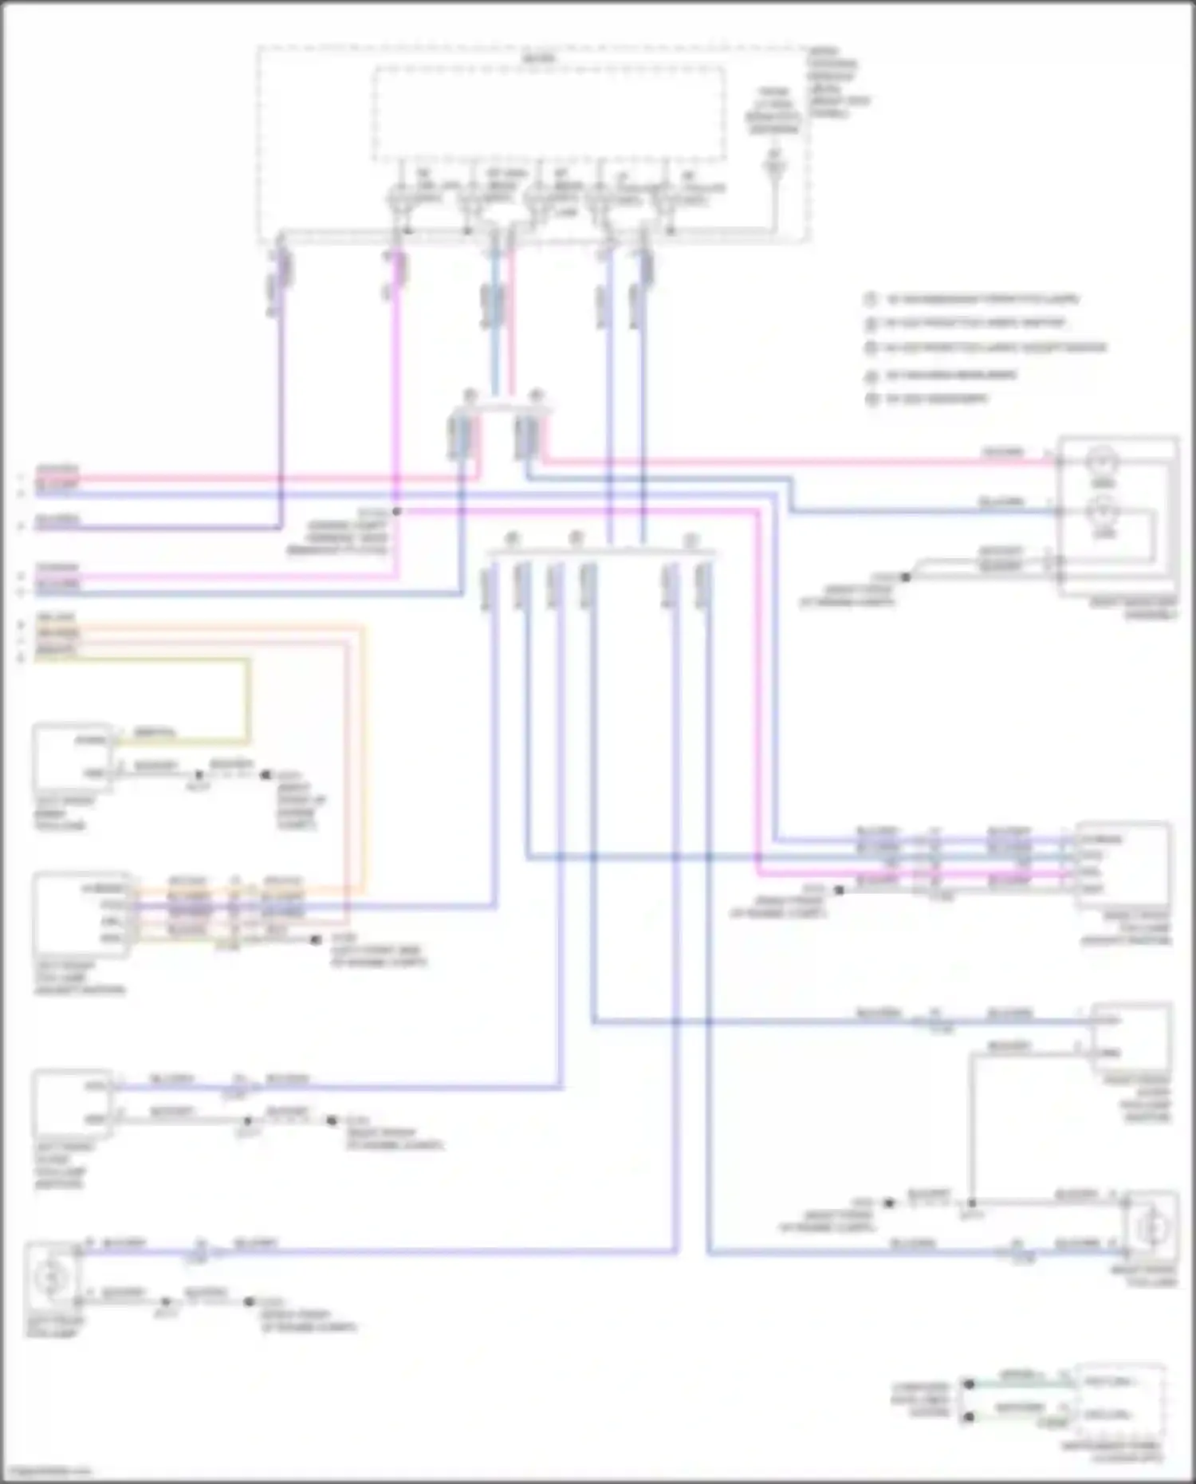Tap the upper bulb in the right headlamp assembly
point(1104,461)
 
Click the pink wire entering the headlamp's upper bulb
point(797,461)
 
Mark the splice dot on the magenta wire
point(396,511)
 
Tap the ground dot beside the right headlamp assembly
point(905,577)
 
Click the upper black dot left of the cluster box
point(968,1384)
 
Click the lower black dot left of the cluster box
point(968,1417)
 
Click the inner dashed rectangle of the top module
point(549,112)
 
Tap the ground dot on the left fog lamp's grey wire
point(249,1301)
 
